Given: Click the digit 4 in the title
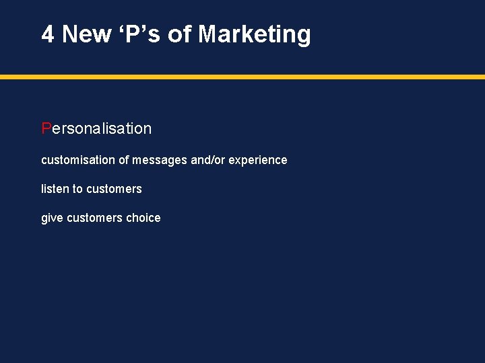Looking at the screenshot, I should coord(48,34).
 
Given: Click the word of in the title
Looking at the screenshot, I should coord(180,34).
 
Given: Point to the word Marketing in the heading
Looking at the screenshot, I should coord(255,34).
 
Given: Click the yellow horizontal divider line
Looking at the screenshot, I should coord(243,77).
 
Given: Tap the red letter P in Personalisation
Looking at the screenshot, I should coord(46,128).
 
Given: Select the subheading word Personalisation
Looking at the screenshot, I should coord(97,128).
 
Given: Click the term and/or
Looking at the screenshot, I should coord(208,160).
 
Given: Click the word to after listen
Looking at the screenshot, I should coord(77,189).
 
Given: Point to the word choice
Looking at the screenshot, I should coord(143,218).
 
